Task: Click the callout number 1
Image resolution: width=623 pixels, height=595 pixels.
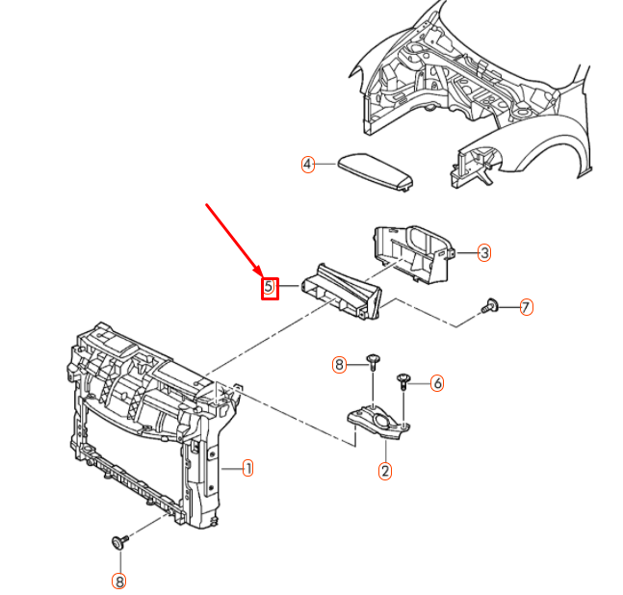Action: tap(247, 469)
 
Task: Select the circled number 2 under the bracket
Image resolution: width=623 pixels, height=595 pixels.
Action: tap(385, 471)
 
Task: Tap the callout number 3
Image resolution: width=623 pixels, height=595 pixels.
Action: tap(484, 252)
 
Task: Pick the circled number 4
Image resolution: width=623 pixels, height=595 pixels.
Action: tap(307, 165)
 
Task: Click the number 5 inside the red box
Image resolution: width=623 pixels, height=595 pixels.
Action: tap(270, 287)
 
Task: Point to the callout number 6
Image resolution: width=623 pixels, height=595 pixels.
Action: tap(437, 383)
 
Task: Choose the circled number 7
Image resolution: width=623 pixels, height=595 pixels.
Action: tap(526, 308)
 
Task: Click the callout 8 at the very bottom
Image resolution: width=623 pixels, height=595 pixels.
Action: tap(118, 581)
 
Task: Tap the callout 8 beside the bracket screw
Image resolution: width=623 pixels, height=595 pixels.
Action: tap(339, 364)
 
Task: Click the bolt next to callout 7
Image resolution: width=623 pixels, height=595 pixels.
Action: tap(491, 307)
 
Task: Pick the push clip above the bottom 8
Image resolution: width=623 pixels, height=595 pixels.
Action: tap(119, 541)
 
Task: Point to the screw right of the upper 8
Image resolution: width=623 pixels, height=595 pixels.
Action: tap(373, 363)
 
